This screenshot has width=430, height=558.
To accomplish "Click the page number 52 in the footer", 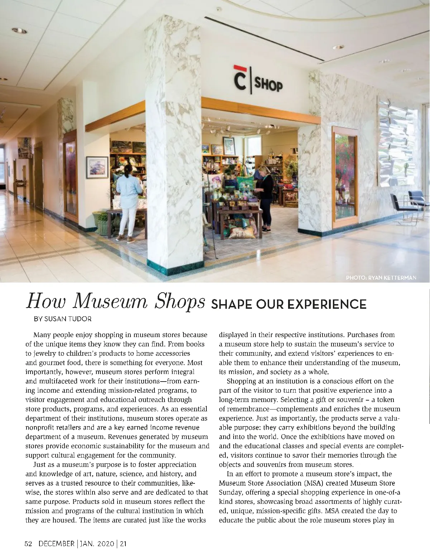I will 29,544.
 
